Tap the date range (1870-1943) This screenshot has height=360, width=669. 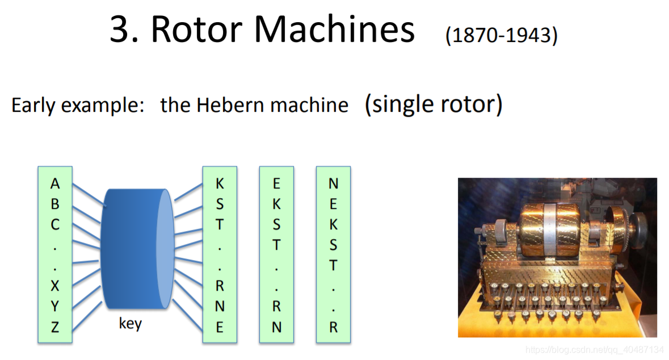coord(502,36)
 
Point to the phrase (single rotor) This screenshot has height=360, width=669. coord(434,104)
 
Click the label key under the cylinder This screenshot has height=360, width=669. coord(130,324)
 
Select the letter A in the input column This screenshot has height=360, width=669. coord(55,184)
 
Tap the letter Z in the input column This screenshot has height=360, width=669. coord(55,327)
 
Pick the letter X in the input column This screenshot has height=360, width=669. coord(55,286)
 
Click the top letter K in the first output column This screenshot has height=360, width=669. coord(220,184)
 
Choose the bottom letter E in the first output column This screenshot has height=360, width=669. coord(220,327)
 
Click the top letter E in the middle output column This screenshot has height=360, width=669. coord(276,184)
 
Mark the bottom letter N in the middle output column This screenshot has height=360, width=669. coord(276,327)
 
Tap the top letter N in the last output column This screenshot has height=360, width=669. coord(333,184)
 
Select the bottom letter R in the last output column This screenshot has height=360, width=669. coord(333,327)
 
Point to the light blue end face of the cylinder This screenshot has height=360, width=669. coord(165,250)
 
